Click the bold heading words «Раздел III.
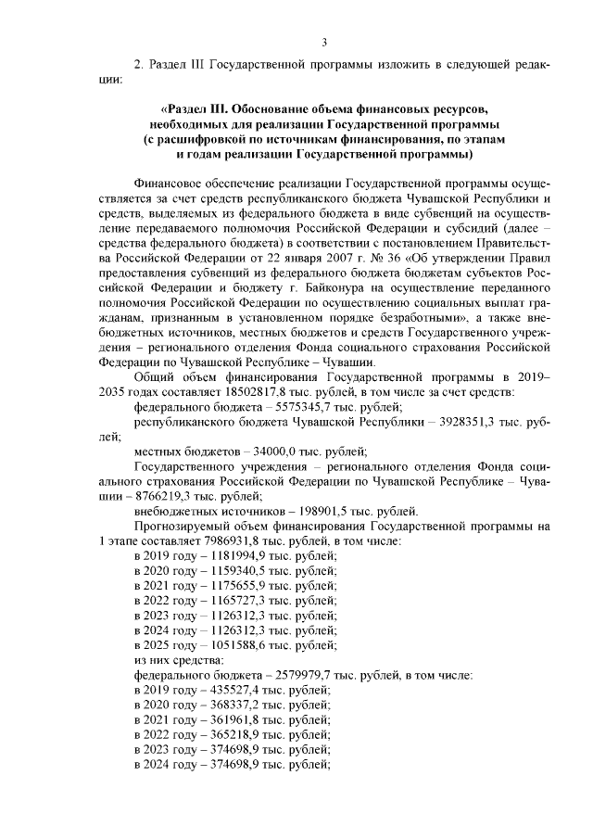(x=200, y=109)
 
